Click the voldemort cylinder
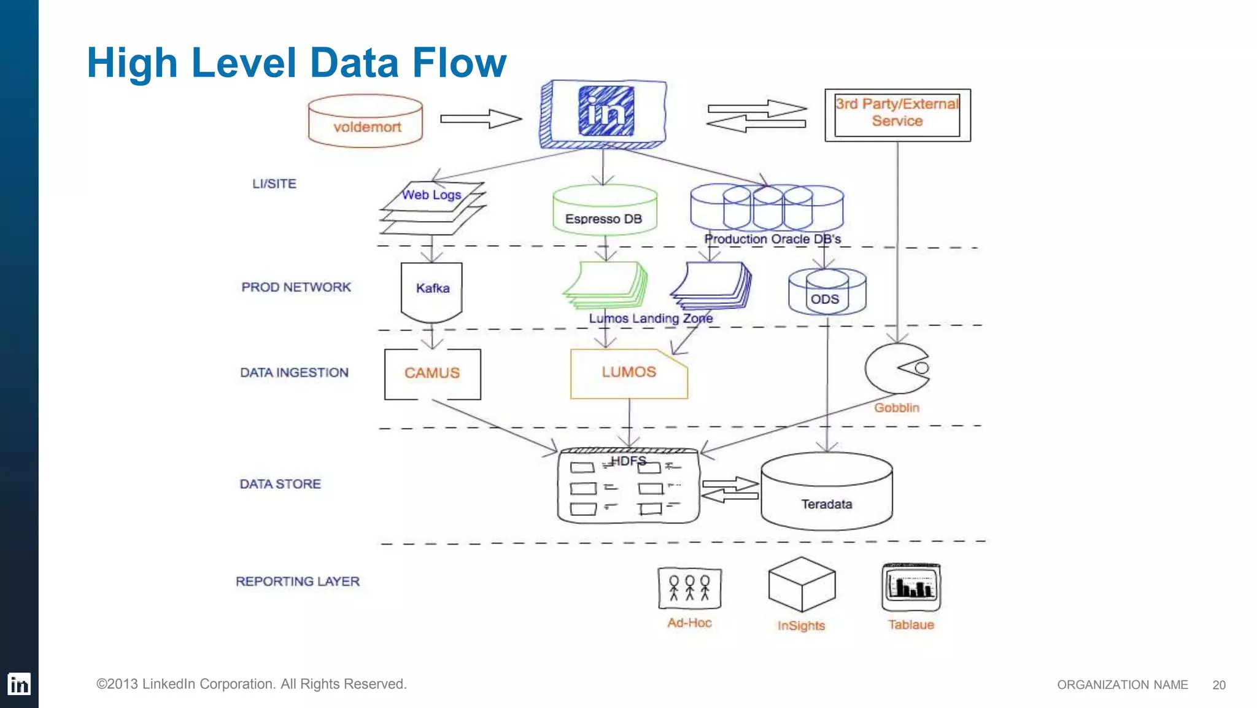[366, 121]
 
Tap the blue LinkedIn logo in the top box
[606, 111]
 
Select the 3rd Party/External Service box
[897, 115]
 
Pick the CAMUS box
[432, 373]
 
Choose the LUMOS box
[628, 373]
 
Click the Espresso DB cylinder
[605, 211]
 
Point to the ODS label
[824, 299]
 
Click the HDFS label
[628, 461]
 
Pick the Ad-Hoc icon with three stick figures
[689, 588]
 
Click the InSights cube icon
[802, 584]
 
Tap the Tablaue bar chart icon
[911, 587]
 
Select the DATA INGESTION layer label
[294, 373]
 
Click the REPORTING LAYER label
[298, 582]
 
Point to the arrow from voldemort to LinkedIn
[481, 119]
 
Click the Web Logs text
[431, 195]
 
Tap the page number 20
[1219, 685]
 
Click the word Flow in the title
[459, 63]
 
